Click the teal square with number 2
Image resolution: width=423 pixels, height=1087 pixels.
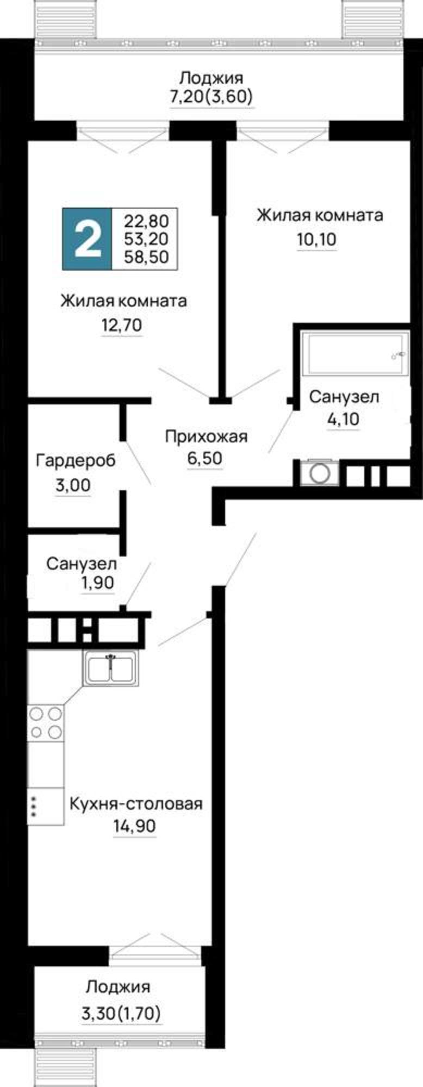[87, 239]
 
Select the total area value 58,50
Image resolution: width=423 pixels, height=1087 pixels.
[146, 257]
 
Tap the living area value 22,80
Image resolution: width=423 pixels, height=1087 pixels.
[146, 221]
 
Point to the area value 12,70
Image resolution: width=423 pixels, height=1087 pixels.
[122, 326]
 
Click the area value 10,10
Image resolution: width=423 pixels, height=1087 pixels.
[316, 239]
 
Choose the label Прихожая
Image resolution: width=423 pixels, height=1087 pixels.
[206, 436]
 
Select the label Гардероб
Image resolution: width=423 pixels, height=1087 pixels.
[76, 461]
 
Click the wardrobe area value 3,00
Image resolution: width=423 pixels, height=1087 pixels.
[73, 485]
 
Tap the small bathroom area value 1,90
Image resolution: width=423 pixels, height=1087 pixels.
[98, 583]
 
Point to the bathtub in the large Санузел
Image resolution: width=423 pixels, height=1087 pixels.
[354, 354]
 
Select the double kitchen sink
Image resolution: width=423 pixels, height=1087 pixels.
[111, 667]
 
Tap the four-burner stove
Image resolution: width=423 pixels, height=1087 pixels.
[45, 722]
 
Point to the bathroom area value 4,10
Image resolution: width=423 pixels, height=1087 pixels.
[343, 420]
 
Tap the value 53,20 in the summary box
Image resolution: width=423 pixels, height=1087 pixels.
[146, 239]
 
